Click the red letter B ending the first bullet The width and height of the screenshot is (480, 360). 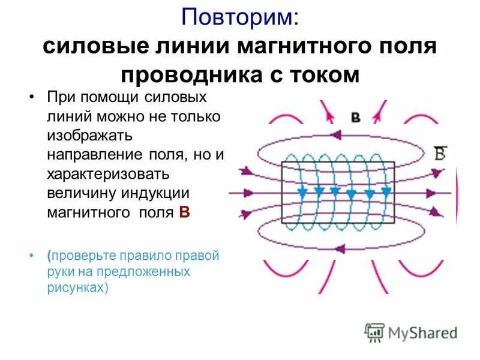coord(185,212)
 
